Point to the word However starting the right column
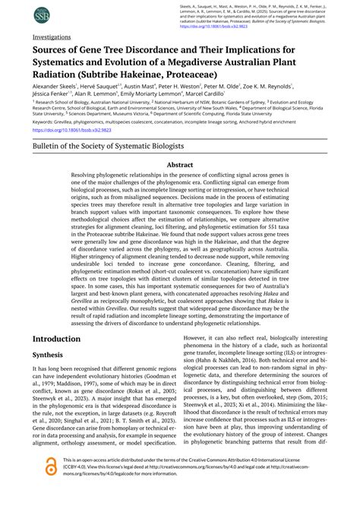200,337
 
